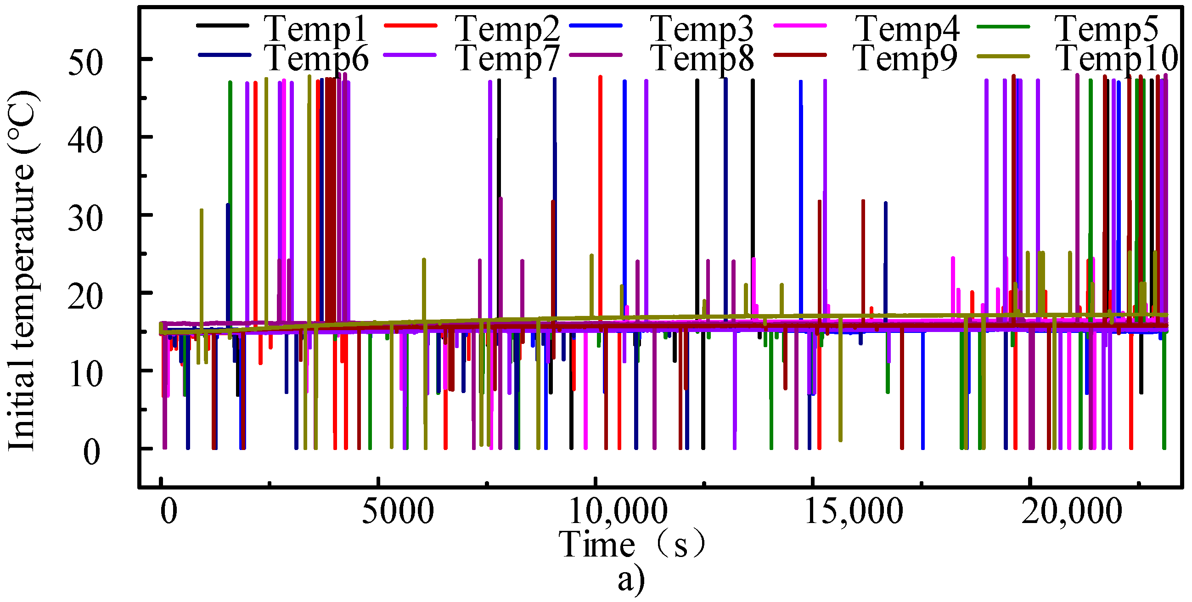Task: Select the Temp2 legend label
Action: pos(508,28)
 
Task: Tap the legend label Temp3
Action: pos(702,28)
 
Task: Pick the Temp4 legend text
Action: pos(907,28)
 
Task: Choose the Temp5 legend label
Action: pos(1107,28)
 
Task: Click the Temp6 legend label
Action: pos(317,59)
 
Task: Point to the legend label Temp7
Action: pos(508,59)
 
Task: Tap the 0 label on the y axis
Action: pos(92,453)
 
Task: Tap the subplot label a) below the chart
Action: pos(631,579)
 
